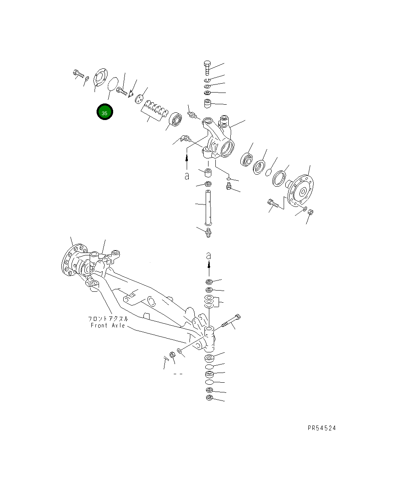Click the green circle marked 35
click(105, 113)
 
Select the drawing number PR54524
click(321, 428)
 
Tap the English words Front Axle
click(107, 325)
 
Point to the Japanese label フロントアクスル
click(108, 318)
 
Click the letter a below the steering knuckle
click(187, 176)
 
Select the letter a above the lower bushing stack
click(209, 255)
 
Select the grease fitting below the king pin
click(209, 232)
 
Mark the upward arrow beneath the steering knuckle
click(187, 162)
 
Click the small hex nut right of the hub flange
click(311, 212)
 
